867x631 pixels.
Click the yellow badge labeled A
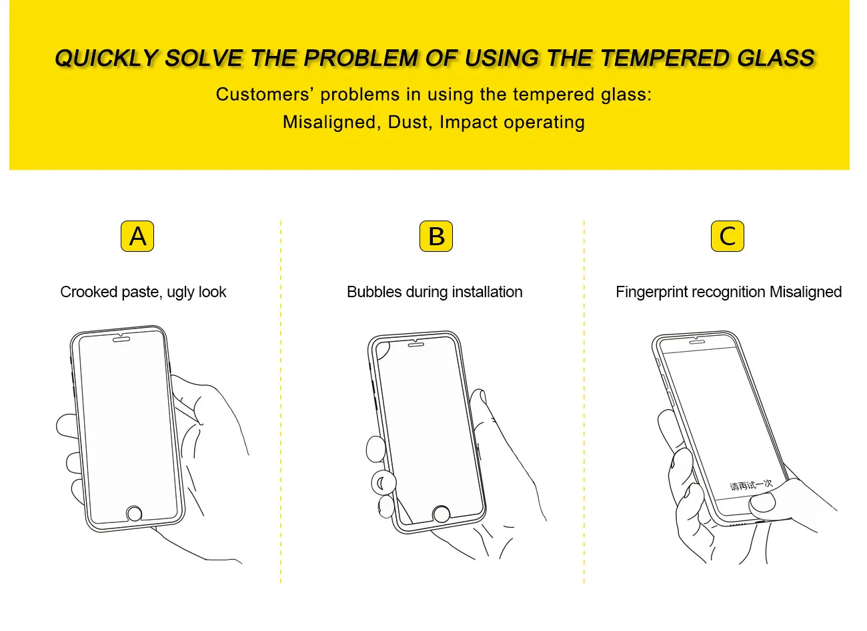click(x=137, y=237)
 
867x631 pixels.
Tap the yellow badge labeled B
click(x=436, y=237)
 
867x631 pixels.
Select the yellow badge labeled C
click(x=728, y=237)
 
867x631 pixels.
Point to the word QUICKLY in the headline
click(x=106, y=59)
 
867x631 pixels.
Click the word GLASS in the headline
click(x=776, y=59)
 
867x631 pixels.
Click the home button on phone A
click(x=135, y=514)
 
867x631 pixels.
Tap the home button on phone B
click(x=441, y=514)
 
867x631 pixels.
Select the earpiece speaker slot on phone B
click(x=417, y=344)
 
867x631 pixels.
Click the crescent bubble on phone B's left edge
click(x=382, y=482)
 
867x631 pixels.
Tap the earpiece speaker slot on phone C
click(x=699, y=340)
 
